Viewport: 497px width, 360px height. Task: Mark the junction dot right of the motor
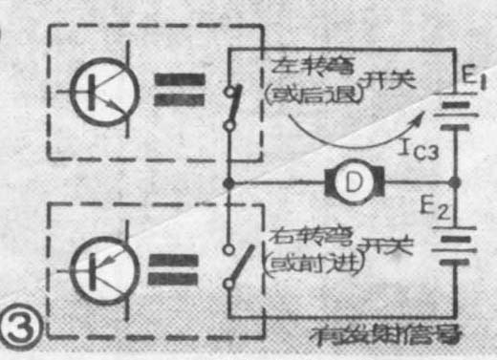coord(455,180)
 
